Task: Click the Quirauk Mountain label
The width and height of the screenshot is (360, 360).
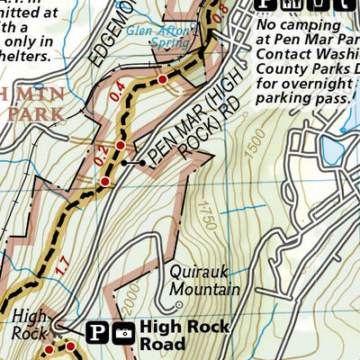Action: click(204, 281)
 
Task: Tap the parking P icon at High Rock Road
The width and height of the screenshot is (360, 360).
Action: click(99, 333)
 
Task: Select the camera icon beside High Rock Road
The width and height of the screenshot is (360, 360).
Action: click(124, 334)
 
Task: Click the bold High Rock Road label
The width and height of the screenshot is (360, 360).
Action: click(175, 336)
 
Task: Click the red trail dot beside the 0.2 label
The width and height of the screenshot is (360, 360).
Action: click(120, 145)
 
